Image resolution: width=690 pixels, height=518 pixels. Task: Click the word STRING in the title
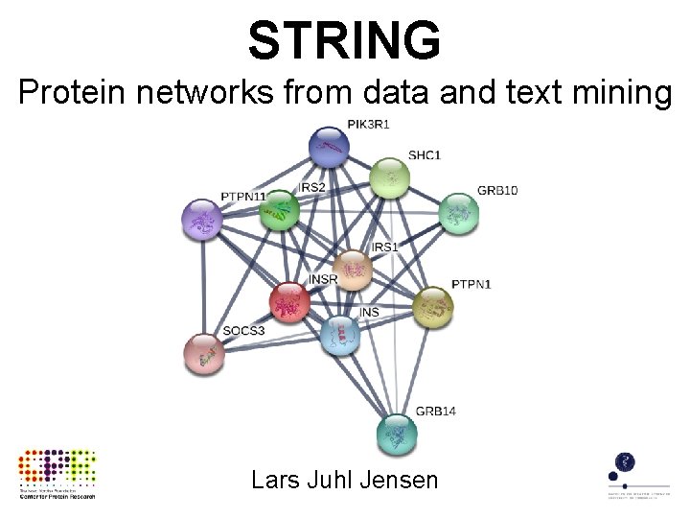pyautogui.click(x=345, y=40)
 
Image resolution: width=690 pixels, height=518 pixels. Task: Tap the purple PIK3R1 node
pyautogui.click(x=329, y=147)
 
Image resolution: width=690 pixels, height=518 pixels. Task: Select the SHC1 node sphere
pyautogui.click(x=389, y=177)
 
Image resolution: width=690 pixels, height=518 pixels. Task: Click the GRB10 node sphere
pyautogui.click(x=458, y=212)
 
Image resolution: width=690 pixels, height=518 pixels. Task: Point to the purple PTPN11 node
pyautogui.click(x=202, y=221)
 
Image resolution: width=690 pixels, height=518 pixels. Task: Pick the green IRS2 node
pyautogui.click(x=280, y=211)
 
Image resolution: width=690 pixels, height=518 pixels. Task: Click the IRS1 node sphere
pyautogui.click(x=355, y=270)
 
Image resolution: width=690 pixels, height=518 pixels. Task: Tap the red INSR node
pyautogui.click(x=289, y=302)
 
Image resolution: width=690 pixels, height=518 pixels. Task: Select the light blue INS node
pyautogui.click(x=342, y=335)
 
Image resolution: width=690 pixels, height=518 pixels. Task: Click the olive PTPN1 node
pyautogui.click(x=433, y=307)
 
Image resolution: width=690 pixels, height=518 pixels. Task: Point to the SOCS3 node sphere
pyautogui.click(x=203, y=355)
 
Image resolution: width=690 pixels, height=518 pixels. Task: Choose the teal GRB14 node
pyautogui.click(x=396, y=434)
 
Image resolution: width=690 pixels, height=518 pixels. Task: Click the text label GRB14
pyautogui.click(x=435, y=412)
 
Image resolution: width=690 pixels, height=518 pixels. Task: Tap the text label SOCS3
pyautogui.click(x=242, y=332)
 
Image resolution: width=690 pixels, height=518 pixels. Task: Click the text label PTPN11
pyautogui.click(x=243, y=197)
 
